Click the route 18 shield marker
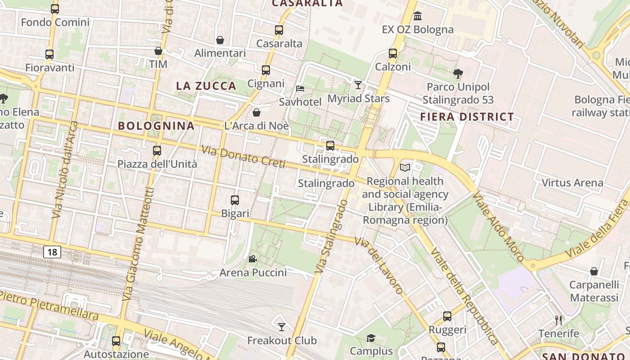pyautogui.click(x=52, y=252)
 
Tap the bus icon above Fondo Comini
pyautogui.click(x=55, y=9)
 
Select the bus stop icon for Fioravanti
pyautogui.click(x=49, y=54)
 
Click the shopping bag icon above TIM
pyautogui.click(x=158, y=51)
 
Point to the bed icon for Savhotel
pyautogui.click(x=300, y=88)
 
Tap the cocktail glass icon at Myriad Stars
pyautogui.click(x=358, y=85)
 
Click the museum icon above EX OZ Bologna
pyautogui.click(x=418, y=16)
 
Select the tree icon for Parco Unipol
pyautogui.click(x=458, y=73)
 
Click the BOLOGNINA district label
pyautogui.click(x=156, y=126)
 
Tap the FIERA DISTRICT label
pyautogui.click(x=467, y=117)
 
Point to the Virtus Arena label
pyautogui.click(x=572, y=183)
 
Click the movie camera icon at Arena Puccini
pyautogui.click(x=253, y=259)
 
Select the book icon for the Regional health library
pyautogui.click(x=405, y=167)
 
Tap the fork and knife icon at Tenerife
pyautogui.click(x=558, y=320)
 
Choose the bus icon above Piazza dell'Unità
pyautogui.click(x=157, y=151)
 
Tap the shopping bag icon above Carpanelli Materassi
pyautogui.click(x=594, y=271)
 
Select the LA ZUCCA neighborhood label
pyautogui.click(x=206, y=86)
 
